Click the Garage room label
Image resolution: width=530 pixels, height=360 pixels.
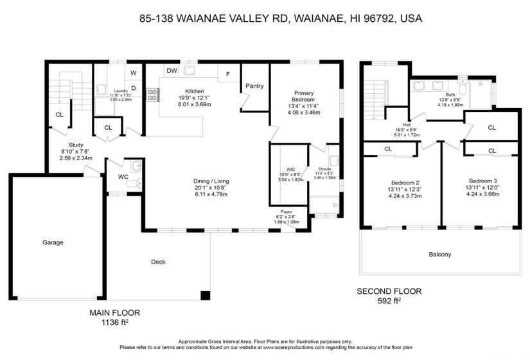[53, 242]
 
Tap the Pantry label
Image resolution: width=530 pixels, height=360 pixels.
[254, 85]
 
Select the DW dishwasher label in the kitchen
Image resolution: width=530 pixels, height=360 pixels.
[172, 71]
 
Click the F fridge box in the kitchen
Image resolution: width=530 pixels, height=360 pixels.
[227, 74]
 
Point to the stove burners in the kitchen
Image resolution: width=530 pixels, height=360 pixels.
[153, 95]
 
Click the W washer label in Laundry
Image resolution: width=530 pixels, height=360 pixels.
[134, 73]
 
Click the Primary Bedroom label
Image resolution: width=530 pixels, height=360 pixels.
[304, 96]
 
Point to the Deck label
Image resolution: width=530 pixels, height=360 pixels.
[159, 262]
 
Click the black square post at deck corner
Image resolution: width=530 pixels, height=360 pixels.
[205, 296]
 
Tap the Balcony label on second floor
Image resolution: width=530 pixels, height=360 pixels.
[439, 255]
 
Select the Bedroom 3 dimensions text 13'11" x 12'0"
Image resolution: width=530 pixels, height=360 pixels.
[483, 187]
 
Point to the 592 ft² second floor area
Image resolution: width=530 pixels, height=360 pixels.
[389, 300]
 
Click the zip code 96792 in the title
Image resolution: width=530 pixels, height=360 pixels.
[380, 19]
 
